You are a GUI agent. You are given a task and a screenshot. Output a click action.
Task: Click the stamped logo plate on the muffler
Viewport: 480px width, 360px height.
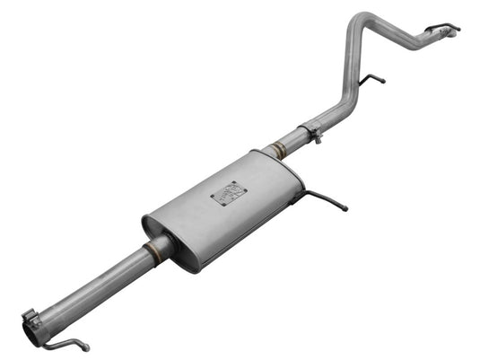[x=227, y=194]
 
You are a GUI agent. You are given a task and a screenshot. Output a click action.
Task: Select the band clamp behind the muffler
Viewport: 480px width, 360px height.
[x=311, y=134]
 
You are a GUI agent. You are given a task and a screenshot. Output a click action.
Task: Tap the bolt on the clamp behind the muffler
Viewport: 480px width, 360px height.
[x=316, y=139]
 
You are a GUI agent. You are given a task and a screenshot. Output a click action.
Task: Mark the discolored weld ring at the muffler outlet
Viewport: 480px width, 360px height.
[x=279, y=152]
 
